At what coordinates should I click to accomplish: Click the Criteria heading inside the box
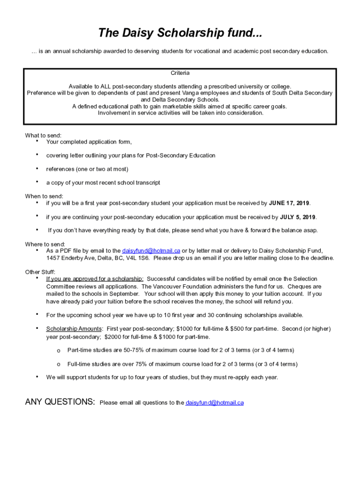(x=180, y=73)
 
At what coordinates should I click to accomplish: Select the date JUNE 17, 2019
(x=289, y=203)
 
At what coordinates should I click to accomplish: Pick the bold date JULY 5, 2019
(x=298, y=217)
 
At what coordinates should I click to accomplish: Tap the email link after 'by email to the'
(x=151, y=251)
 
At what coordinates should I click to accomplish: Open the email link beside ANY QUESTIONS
(x=215, y=403)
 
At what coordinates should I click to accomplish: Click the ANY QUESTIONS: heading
(x=60, y=402)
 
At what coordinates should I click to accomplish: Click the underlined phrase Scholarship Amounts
(x=72, y=329)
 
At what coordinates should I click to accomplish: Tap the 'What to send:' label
(x=43, y=136)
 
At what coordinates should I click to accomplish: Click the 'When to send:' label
(x=44, y=196)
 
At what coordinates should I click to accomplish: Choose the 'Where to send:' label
(x=45, y=244)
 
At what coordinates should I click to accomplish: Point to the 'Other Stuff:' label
(x=40, y=272)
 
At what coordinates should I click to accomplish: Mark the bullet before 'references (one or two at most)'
(x=36, y=168)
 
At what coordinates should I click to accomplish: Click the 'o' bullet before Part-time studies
(x=58, y=350)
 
